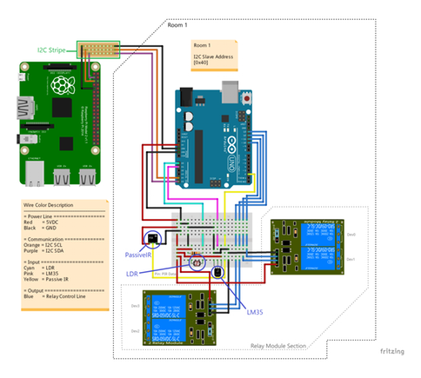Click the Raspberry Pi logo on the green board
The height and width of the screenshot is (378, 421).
[x=60, y=85]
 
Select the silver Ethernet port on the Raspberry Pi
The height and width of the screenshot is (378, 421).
[x=33, y=177]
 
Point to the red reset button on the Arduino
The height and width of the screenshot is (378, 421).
[x=249, y=98]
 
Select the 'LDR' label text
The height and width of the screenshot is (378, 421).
[x=132, y=274]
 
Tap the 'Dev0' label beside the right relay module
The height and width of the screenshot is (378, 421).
[x=351, y=235]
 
